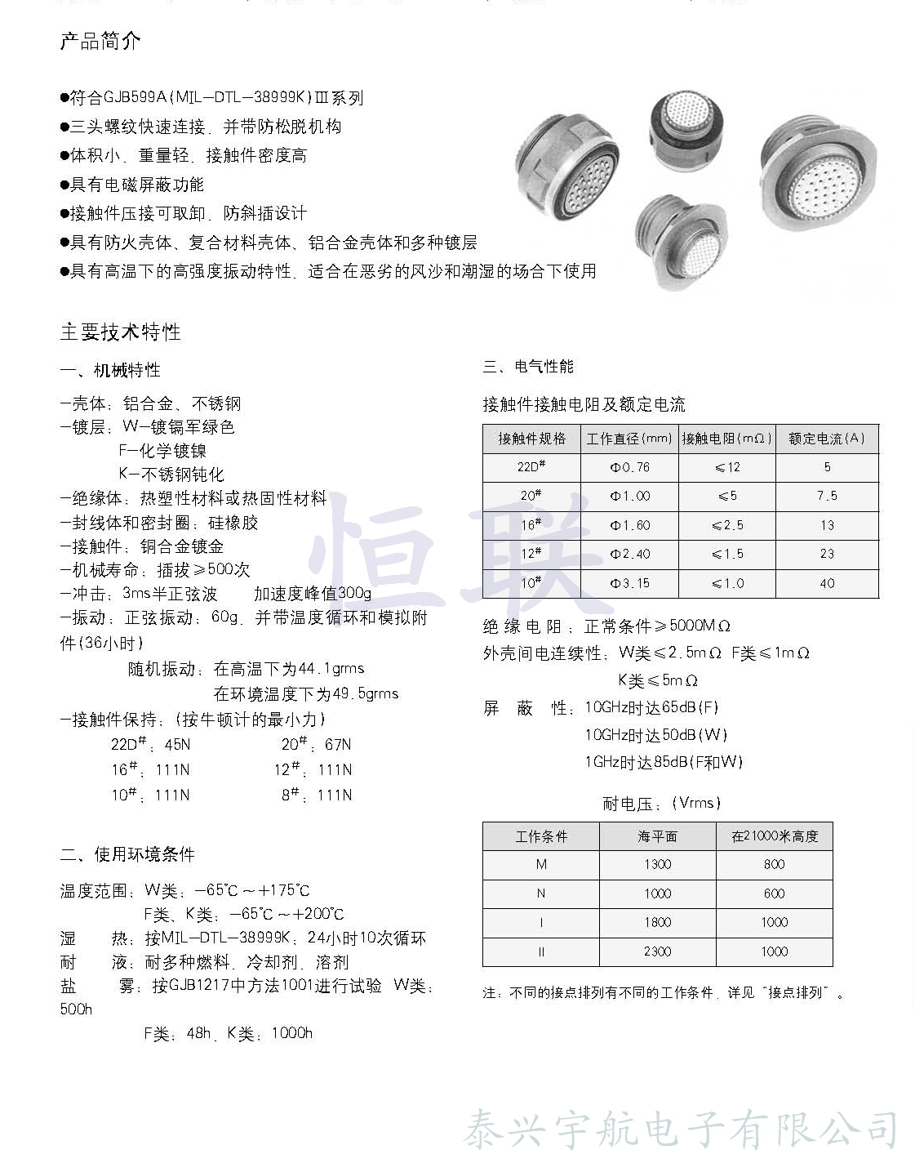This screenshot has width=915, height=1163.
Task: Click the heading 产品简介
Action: (x=100, y=41)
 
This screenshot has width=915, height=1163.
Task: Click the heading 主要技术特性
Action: (x=120, y=332)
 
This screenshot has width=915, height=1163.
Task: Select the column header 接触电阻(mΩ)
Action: (x=726, y=439)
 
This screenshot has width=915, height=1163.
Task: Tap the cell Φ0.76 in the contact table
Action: (x=629, y=467)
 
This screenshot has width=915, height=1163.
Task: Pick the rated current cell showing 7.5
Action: (x=826, y=496)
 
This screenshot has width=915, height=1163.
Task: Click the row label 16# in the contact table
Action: (x=531, y=525)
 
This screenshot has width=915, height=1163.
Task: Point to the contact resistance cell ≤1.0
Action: (x=727, y=583)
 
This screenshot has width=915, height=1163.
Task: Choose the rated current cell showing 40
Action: (x=826, y=583)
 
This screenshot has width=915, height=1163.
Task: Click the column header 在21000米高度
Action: (x=774, y=836)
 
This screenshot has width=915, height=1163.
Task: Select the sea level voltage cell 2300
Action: (x=657, y=951)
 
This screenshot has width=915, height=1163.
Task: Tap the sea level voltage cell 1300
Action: (x=657, y=864)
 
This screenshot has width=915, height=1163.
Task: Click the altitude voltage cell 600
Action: (x=774, y=893)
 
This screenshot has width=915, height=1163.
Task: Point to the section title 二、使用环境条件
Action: (x=127, y=854)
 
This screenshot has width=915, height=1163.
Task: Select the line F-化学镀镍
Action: (x=162, y=450)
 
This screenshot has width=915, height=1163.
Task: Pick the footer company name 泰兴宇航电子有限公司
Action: (x=681, y=1131)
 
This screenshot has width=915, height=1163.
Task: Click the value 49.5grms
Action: (x=366, y=693)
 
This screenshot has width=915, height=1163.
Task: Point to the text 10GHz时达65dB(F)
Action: (x=651, y=707)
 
